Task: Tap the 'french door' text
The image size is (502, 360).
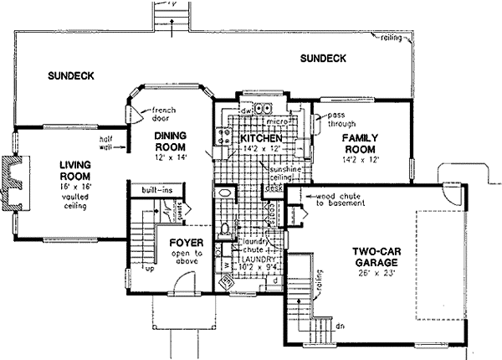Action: (x=156, y=115)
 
